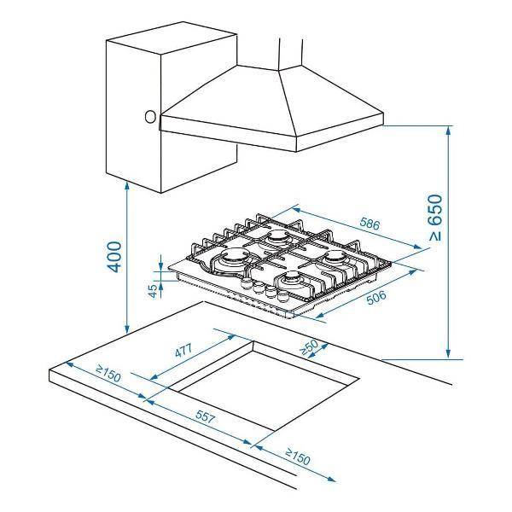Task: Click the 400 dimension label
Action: click(x=114, y=257)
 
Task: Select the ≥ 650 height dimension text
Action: click(x=435, y=218)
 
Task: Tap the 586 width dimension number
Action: click(x=370, y=224)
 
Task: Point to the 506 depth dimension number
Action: click(x=376, y=297)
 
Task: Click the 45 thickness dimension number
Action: click(x=153, y=291)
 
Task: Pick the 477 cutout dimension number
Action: click(x=183, y=351)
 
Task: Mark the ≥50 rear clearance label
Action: click(x=309, y=347)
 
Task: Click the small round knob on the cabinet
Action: click(x=150, y=117)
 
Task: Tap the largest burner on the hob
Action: click(x=232, y=259)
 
